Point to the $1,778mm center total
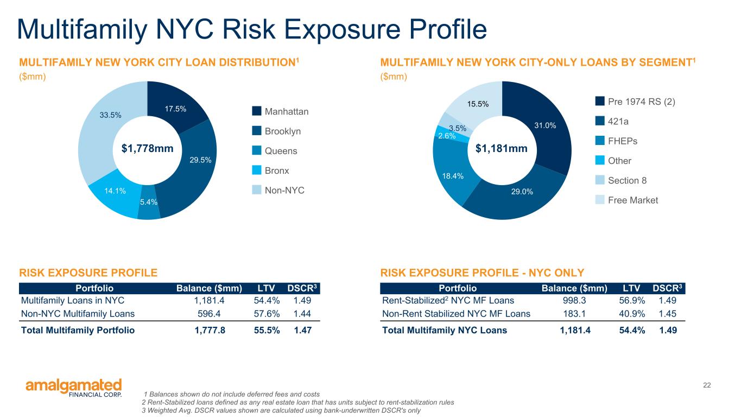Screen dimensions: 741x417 pyautogui.click(x=147, y=148)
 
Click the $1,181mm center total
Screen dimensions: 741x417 pyautogui.click(x=502, y=148)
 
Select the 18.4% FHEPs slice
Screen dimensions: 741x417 pyautogui.click(x=454, y=172)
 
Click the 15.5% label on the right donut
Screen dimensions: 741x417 pyautogui.click(x=478, y=104)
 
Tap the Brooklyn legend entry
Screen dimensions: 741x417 pyautogui.click(x=276, y=131)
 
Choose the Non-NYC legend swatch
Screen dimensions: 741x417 pyautogui.click(x=257, y=189)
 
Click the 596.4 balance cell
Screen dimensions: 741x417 pyautogui.click(x=209, y=313)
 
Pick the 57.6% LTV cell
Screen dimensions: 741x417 pyautogui.click(x=267, y=313)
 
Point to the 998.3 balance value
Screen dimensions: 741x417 pyautogui.click(x=574, y=300)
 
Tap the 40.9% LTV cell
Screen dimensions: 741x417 pyautogui.click(x=632, y=313)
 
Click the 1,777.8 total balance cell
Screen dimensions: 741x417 pyautogui.click(x=210, y=330)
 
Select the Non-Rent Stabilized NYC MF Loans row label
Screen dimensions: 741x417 pyautogui.click(x=456, y=313)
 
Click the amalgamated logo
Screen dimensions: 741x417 pyautogui.click(x=74, y=388)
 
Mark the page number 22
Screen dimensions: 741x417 pyautogui.click(x=707, y=385)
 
